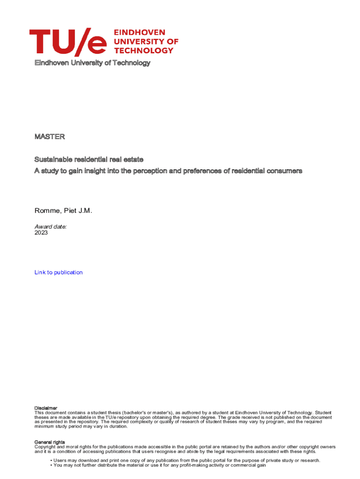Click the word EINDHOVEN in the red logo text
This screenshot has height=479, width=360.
click(x=140, y=32)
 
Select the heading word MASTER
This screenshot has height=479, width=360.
click(x=50, y=137)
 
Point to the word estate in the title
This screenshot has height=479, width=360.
click(x=140, y=160)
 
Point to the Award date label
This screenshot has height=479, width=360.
click(x=50, y=226)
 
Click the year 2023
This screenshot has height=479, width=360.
click(x=41, y=232)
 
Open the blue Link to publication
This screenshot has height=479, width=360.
click(x=58, y=272)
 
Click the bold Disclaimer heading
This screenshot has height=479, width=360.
click(x=46, y=408)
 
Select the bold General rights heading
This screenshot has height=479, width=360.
click(x=50, y=442)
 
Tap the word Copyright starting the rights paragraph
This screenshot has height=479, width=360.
click(x=45, y=447)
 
